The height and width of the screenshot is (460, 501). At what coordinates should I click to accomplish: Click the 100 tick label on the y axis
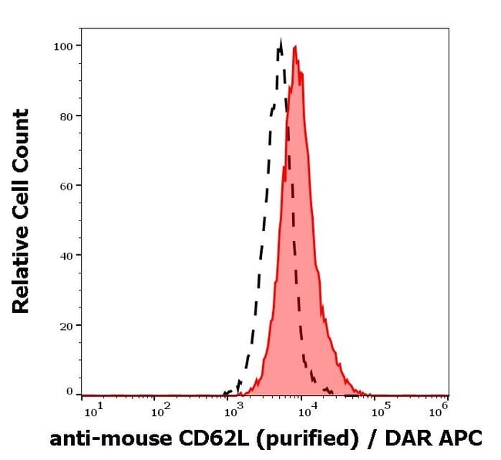(63, 45)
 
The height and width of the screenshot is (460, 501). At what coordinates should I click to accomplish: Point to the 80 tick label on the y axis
(66, 116)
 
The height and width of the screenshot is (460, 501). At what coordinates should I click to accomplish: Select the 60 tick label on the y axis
(66, 186)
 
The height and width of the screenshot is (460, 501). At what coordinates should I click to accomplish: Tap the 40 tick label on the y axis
(66, 255)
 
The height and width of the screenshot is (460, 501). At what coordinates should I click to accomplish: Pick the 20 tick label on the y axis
(66, 325)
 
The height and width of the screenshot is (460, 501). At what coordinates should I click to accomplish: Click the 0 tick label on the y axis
(69, 391)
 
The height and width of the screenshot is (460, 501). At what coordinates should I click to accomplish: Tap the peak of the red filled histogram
(294, 46)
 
